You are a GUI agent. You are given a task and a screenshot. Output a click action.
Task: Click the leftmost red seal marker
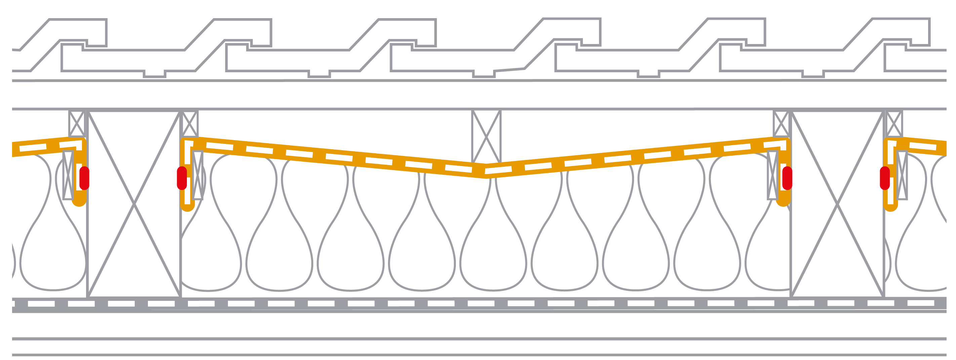tap(84, 178)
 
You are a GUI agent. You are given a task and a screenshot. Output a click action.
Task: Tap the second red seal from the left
tap(182, 178)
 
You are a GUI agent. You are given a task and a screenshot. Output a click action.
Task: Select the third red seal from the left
tap(787, 178)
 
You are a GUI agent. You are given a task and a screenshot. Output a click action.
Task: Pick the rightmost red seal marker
tap(885, 178)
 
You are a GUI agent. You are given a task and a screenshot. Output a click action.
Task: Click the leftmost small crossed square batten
tap(77, 124)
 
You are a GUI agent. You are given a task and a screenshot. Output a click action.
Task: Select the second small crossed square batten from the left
tap(190, 124)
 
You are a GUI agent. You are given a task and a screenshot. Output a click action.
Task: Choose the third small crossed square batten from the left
tap(781, 124)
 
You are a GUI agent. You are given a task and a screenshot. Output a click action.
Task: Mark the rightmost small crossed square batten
tap(894, 124)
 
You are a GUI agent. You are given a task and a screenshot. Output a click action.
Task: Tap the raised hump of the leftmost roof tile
tap(78, 32)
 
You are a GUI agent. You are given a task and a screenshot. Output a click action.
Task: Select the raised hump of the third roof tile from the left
tap(407, 32)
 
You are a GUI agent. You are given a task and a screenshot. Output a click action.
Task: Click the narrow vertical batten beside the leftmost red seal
tap(68, 175)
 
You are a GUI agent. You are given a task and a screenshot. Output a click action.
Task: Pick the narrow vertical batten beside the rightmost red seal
tap(902, 175)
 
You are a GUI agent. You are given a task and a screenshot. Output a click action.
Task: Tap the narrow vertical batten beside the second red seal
tap(198, 175)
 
